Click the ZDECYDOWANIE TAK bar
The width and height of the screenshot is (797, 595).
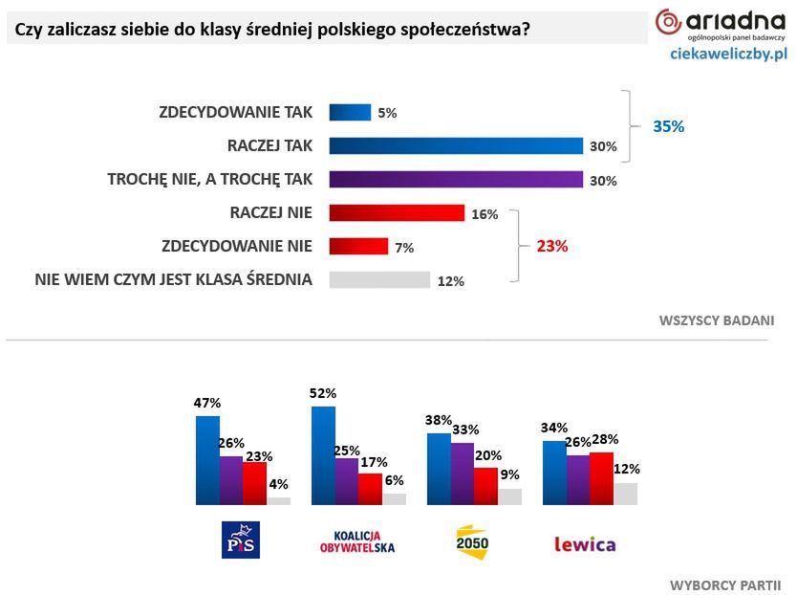point(350,112)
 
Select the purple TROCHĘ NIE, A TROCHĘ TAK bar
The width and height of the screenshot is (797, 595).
point(456,180)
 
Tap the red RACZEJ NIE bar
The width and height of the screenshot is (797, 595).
point(397,212)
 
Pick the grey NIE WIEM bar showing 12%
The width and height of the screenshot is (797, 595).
point(379,279)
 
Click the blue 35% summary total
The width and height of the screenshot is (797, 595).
point(668,126)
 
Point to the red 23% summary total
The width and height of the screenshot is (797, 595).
point(551,246)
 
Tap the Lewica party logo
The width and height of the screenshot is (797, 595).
point(585,544)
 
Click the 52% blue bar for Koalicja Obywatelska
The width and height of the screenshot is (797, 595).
point(323,454)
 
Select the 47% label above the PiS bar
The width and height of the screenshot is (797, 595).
point(207,404)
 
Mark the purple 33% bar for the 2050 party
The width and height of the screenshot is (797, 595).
point(462,473)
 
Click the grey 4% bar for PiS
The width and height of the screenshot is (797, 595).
point(279,499)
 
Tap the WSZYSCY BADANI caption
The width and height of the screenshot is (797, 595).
point(716,320)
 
